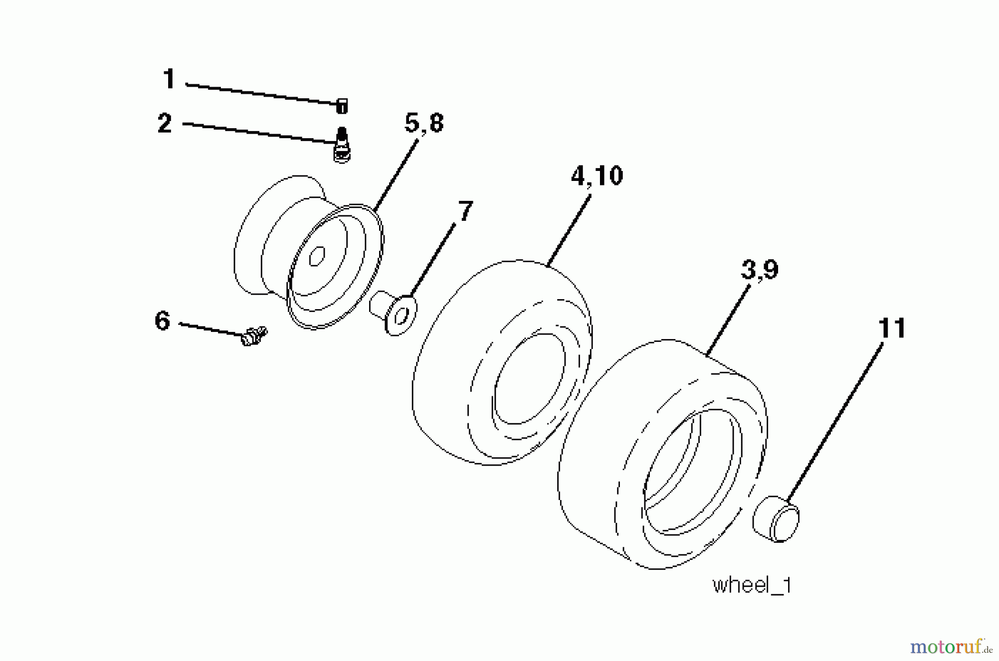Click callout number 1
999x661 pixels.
pyautogui.click(x=169, y=79)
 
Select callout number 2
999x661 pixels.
pyautogui.click(x=164, y=123)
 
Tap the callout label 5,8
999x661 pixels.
pyautogui.click(x=424, y=123)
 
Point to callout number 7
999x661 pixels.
pyautogui.click(x=465, y=211)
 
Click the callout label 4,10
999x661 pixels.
pyautogui.click(x=597, y=175)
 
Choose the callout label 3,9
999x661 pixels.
pyautogui.click(x=759, y=270)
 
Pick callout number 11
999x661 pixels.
pyautogui.click(x=892, y=328)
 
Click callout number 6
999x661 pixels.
pyautogui.click(x=162, y=321)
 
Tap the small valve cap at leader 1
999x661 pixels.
pyautogui.click(x=342, y=107)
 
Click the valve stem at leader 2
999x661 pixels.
pyautogui.click(x=342, y=144)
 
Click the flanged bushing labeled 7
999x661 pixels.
pyautogui.click(x=393, y=312)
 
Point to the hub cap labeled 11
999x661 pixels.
pyautogui.click(x=776, y=519)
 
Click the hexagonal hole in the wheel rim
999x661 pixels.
pyautogui.click(x=316, y=256)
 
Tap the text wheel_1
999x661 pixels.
pyautogui.click(x=752, y=585)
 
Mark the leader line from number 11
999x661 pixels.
pyautogui.click(x=834, y=422)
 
